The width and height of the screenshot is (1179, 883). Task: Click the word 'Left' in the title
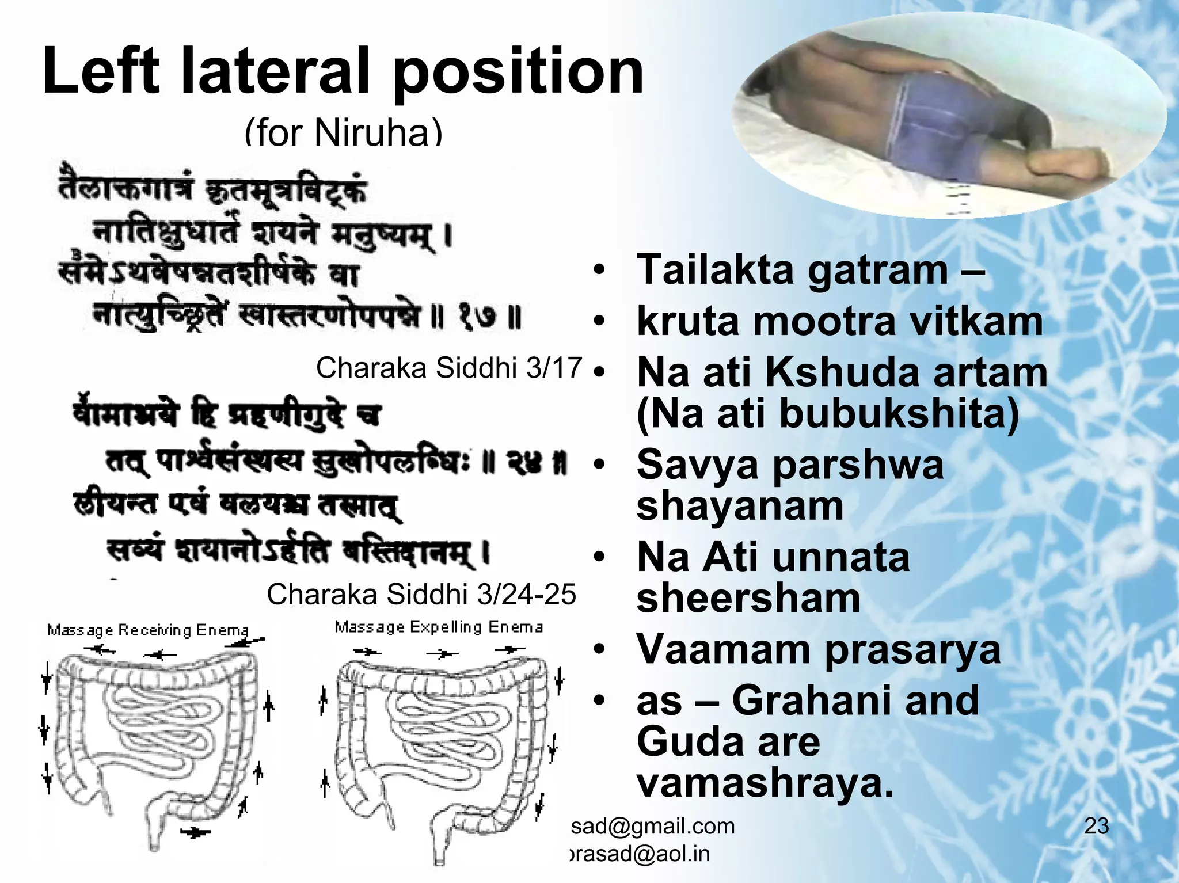(101, 72)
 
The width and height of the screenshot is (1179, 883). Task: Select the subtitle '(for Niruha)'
(344, 132)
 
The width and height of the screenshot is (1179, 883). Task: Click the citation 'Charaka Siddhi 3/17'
(449, 368)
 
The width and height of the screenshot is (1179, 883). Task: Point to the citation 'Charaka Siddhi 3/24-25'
(421, 594)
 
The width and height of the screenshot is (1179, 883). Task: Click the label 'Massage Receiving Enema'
(148, 630)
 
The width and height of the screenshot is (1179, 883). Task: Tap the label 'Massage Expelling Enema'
(439, 627)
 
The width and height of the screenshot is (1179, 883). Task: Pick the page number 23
(1096, 826)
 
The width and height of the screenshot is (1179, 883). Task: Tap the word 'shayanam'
(740, 506)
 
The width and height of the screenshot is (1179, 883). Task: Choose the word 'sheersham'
(748, 599)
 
